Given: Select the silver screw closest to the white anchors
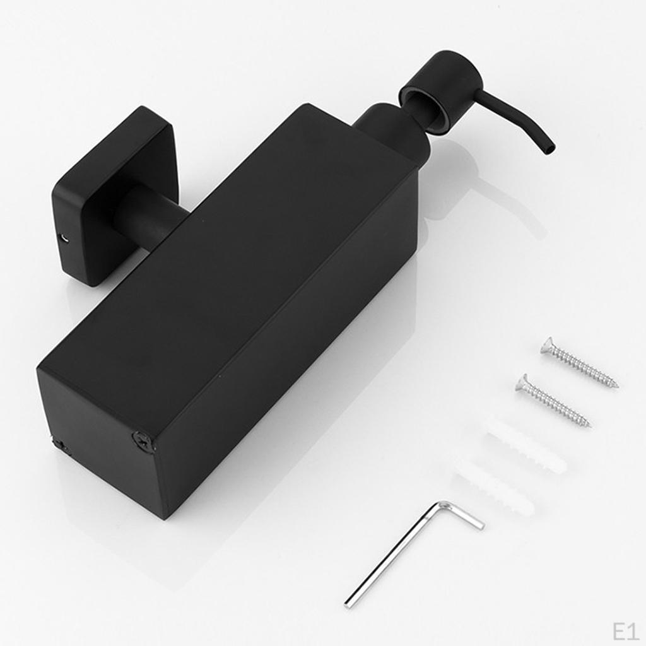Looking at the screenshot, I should tap(552, 400).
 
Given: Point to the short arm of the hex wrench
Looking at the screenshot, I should tap(464, 515).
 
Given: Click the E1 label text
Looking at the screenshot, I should tap(626, 630).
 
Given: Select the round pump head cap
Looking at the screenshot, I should tap(440, 82).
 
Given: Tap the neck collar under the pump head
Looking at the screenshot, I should tap(391, 129).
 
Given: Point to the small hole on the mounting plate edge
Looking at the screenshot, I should tap(62, 238).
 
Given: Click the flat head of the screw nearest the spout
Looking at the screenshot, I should tap(547, 345).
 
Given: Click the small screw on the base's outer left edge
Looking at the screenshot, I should tap(60, 445).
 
